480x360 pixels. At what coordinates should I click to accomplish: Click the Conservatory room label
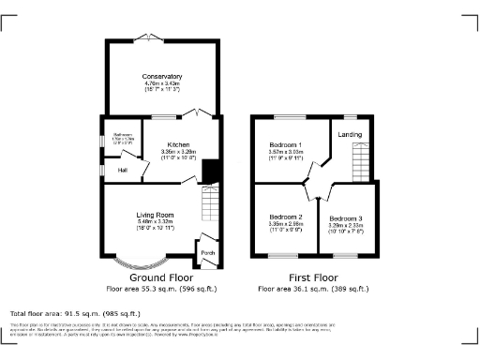tap(161, 76)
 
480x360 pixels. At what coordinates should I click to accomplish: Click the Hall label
tap(122, 170)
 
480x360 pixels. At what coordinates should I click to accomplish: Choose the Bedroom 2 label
tap(285, 215)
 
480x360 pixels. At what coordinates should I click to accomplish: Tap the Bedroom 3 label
tap(346, 217)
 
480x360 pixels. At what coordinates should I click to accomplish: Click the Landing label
tap(351, 133)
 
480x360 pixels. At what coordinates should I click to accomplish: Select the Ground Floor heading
tap(161, 278)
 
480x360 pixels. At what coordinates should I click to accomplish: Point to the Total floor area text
tap(75, 313)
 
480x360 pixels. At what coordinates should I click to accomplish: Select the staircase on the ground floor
tap(209, 202)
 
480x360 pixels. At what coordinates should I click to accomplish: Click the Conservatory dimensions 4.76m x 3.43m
tap(161, 84)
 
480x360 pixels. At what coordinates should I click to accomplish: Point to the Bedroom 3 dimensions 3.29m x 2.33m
tap(346, 226)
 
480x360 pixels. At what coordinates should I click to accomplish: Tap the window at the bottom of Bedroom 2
tap(284, 255)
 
